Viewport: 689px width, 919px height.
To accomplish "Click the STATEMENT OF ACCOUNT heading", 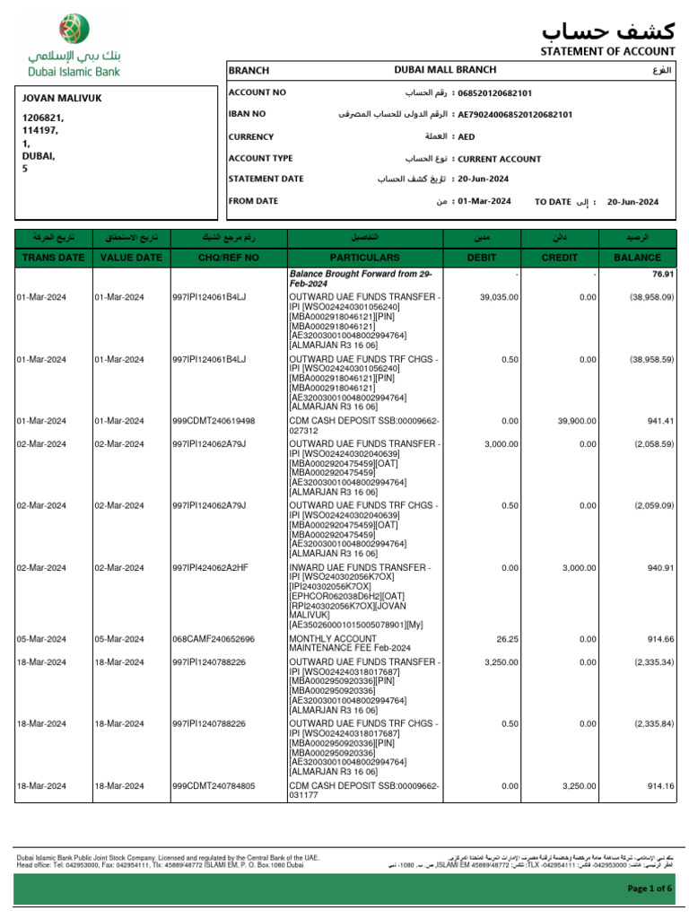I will coord(606,51).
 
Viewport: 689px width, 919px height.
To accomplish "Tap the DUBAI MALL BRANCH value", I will coord(445,70).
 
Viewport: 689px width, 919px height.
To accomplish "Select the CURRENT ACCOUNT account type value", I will coord(499,159).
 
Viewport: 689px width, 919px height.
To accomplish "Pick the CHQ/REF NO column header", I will coord(228,258).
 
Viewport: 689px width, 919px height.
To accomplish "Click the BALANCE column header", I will coord(637,258).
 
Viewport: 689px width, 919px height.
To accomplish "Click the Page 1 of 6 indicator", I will coord(648,888).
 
